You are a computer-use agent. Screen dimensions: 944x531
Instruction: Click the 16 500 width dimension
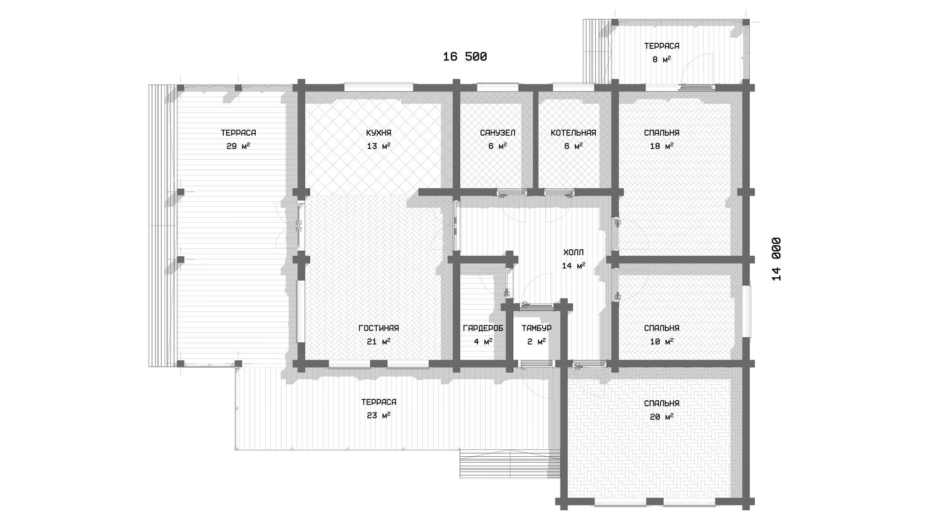coord(465,57)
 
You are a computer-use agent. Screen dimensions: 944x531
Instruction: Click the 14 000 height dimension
coord(776,259)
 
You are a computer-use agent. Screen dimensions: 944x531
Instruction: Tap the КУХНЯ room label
coord(379,133)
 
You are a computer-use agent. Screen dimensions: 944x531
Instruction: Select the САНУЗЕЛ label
coord(498,133)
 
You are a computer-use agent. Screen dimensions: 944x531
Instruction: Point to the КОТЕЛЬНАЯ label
coord(573,133)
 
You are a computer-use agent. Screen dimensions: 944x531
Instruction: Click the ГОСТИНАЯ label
coord(379,328)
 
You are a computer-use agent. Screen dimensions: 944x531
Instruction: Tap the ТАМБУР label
coord(536,328)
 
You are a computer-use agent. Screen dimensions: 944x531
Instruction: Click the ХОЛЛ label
coord(573,253)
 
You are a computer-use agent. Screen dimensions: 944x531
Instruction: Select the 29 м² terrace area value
coord(238,146)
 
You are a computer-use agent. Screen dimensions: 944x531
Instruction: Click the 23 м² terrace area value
coord(379,415)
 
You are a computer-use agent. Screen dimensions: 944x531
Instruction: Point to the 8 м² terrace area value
coord(662,59)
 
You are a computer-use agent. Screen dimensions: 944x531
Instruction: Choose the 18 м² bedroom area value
coord(662,146)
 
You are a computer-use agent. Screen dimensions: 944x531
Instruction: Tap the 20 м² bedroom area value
coord(662,417)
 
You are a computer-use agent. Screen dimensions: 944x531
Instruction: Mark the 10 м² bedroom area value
coord(662,342)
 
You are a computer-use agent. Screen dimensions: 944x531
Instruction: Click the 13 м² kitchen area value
coord(379,146)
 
